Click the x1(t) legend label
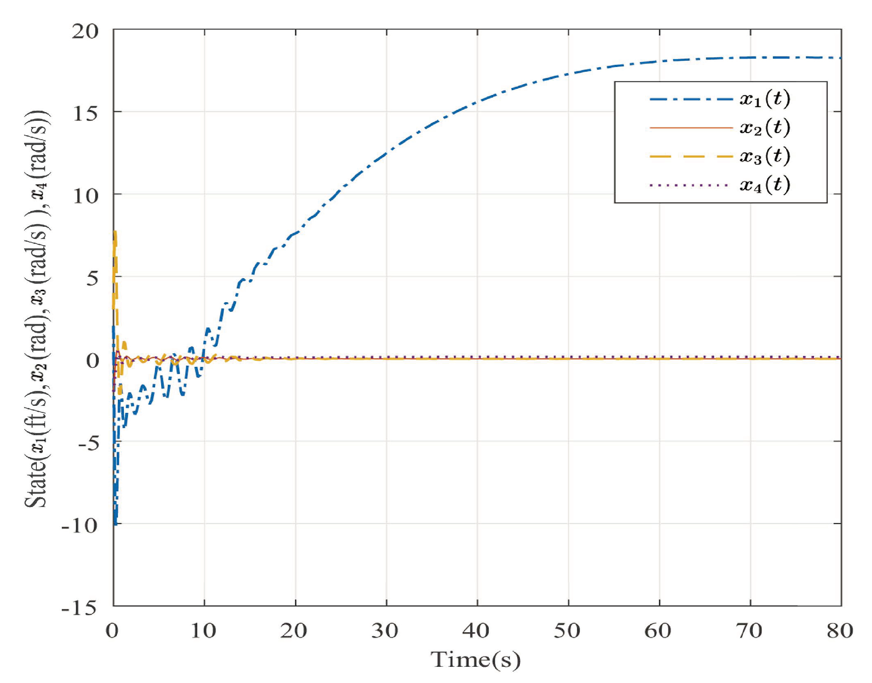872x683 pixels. tap(764, 99)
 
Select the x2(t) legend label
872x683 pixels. tap(764, 127)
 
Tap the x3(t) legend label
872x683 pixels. tap(764, 156)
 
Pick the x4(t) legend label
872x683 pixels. tap(764, 185)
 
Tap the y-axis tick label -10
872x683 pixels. tap(79, 525)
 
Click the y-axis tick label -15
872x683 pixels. tap(79, 608)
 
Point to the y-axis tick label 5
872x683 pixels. tap(92, 278)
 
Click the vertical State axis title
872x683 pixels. tap(38, 309)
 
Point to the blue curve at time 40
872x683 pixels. tap(477, 102)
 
